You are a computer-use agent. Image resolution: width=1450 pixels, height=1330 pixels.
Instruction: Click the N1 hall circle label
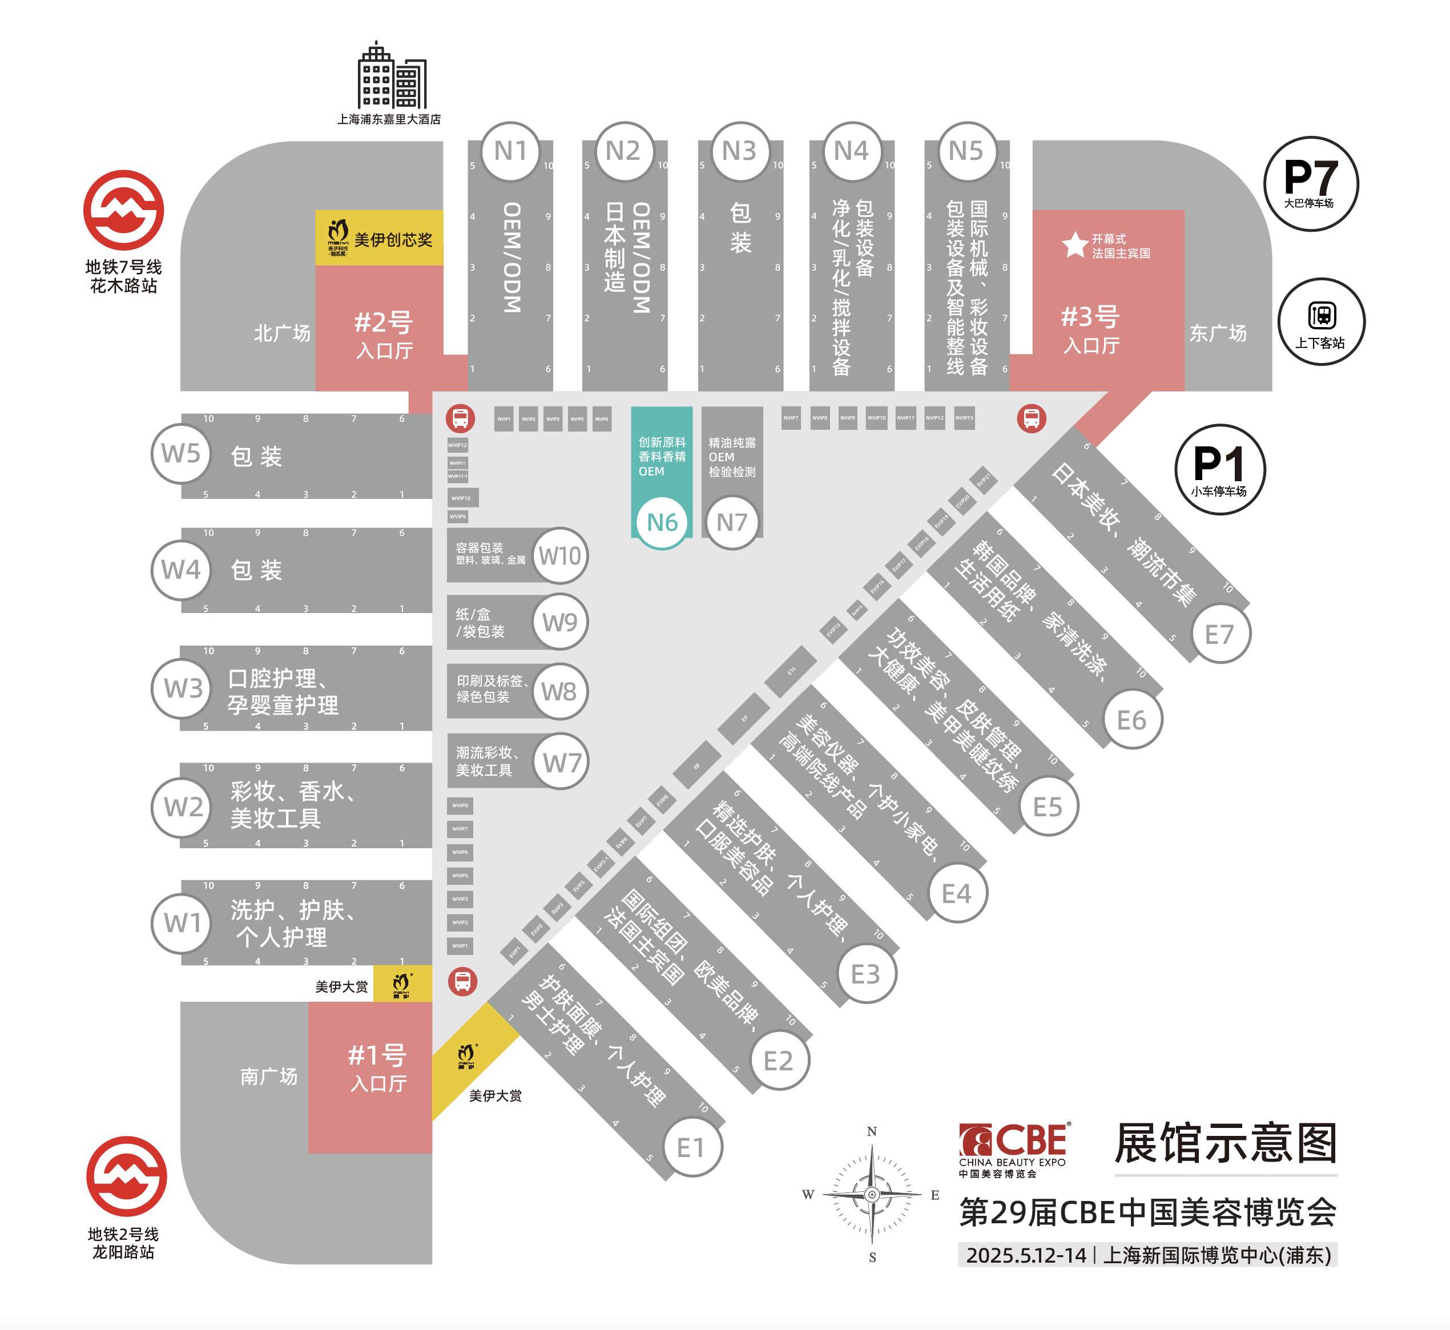510,151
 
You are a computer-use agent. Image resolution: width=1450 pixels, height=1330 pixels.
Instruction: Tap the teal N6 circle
662,522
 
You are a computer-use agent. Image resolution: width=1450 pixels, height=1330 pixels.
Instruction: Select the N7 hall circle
732,522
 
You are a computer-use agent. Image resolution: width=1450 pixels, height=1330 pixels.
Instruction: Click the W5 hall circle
180,453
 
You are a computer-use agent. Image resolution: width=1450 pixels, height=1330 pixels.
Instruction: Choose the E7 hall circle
1220,634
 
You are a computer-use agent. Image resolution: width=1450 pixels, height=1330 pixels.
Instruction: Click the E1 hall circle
691,1147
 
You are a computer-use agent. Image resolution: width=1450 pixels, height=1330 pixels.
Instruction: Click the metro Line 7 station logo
124,210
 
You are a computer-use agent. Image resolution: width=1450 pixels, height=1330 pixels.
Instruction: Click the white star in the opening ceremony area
1075,245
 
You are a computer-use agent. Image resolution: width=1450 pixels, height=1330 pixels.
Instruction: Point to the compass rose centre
872,1194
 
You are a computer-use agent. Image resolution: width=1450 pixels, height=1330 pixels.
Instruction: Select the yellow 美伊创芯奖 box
379,237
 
